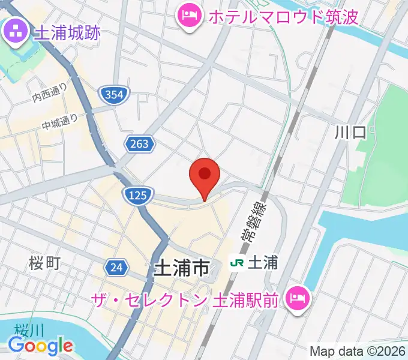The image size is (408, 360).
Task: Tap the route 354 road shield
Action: pos(113,94)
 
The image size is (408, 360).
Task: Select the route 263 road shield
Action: pos(140,143)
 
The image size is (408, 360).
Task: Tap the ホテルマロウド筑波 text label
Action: pos(283,16)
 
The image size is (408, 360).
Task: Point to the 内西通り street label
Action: pos(50,92)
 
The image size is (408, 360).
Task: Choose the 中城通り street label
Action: pos(60,122)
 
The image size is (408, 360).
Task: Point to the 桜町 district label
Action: pos(44,262)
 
